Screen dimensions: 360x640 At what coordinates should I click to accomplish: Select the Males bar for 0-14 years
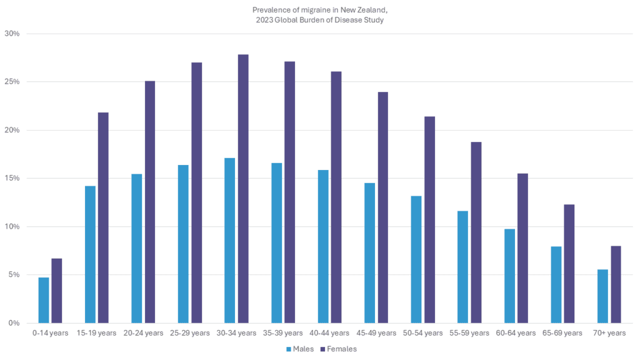click(x=44, y=300)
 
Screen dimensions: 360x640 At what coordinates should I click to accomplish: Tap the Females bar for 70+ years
click(x=616, y=284)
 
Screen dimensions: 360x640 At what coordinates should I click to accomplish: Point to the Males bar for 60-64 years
click(x=509, y=276)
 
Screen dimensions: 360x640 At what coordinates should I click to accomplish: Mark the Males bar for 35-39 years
click(x=276, y=243)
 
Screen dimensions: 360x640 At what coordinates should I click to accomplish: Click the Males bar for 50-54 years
click(x=416, y=259)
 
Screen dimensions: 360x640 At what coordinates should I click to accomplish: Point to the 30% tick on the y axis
click(x=13, y=34)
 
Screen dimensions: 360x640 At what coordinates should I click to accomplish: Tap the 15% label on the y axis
click(x=13, y=178)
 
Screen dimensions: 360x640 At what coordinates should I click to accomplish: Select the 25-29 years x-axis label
click(x=190, y=333)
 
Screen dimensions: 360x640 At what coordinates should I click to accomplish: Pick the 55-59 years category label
click(x=469, y=333)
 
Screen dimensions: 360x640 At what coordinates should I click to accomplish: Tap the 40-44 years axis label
click(x=329, y=333)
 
